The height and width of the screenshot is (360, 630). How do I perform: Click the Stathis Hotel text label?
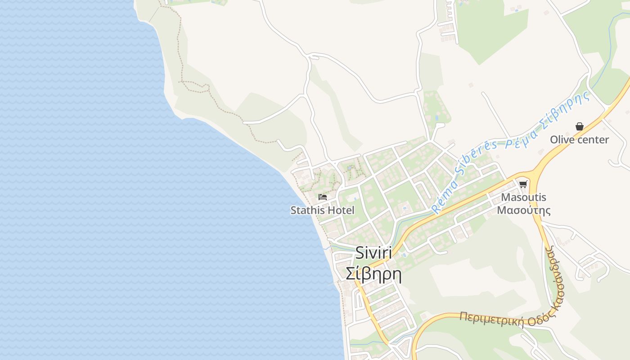point(322,210)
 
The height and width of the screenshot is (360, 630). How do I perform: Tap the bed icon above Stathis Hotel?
point(322,197)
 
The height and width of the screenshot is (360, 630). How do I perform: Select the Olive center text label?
point(579,139)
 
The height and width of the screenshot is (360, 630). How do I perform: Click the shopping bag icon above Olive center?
point(580,126)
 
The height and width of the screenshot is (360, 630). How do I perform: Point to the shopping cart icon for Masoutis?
point(523,184)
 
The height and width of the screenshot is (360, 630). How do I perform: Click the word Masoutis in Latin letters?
point(524,197)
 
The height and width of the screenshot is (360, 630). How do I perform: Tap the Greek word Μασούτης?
point(524,210)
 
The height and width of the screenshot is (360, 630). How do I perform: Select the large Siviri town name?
point(373,253)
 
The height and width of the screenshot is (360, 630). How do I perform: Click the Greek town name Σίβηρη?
point(373,273)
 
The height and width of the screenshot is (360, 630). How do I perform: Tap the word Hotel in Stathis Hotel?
point(341,210)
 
